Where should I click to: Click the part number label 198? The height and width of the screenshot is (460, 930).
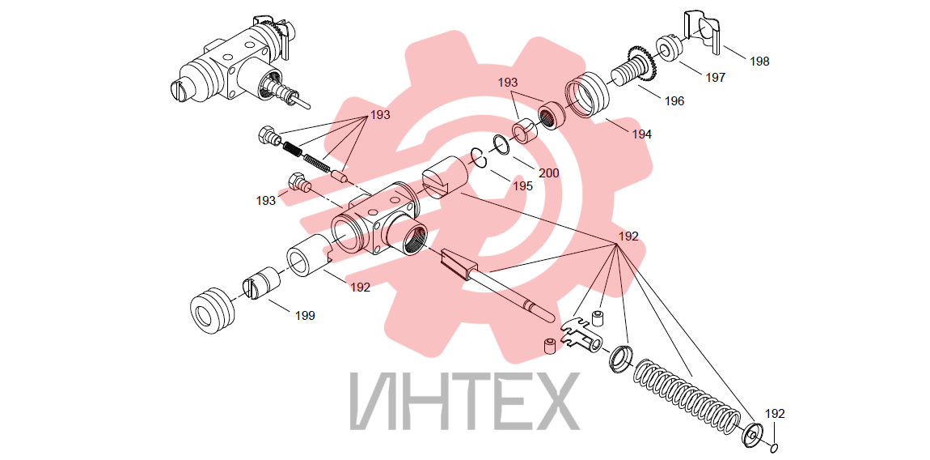(759, 62)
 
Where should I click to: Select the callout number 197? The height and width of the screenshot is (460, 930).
(715, 77)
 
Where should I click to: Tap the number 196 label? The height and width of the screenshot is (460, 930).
(674, 101)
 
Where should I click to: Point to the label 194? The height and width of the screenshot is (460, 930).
(641, 134)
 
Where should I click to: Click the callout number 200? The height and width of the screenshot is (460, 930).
(548, 173)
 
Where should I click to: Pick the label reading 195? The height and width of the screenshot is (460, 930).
(522, 186)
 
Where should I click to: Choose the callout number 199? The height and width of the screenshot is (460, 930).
(305, 316)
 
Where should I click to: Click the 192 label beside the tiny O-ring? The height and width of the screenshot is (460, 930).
(775, 414)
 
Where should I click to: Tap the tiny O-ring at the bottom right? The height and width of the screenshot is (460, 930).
(776, 447)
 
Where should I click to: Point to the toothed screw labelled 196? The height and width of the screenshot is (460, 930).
(631, 70)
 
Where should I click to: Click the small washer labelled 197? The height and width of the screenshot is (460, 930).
(669, 49)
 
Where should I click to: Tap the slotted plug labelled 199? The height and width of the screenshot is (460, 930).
(261, 283)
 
